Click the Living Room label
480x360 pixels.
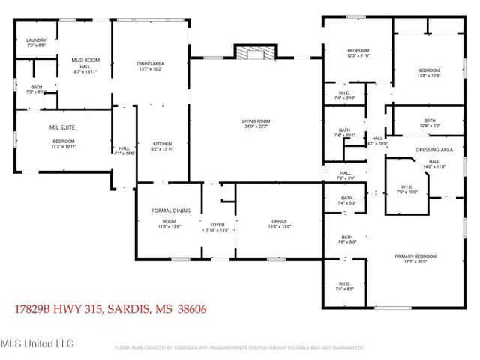[x=256, y=121]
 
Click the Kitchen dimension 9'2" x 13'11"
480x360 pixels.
[x=163, y=150]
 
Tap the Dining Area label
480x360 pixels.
[x=150, y=64]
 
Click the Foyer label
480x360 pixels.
[x=217, y=223]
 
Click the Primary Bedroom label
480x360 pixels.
[x=415, y=256]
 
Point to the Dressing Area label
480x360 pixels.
[x=434, y=150]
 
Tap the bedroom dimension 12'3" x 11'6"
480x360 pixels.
[x=358, y=56]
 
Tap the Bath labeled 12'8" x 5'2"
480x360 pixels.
[x=429, y=126]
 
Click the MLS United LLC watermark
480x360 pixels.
[x=37, y=343]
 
